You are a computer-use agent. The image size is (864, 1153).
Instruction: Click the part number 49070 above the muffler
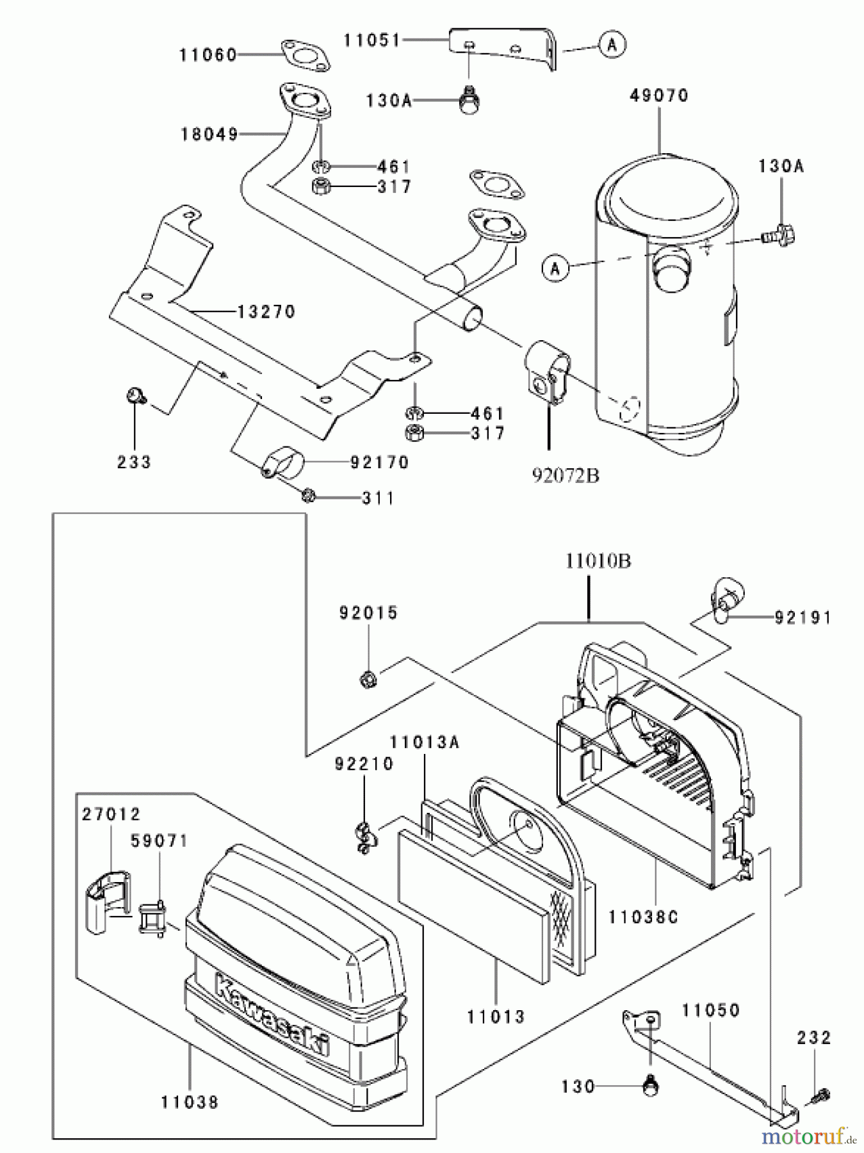point(658,95)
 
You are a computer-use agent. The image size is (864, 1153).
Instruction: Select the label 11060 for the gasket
point(208,55)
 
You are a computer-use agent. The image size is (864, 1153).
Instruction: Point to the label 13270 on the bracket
point(266,312)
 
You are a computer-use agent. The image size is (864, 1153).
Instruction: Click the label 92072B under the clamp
point(566,475)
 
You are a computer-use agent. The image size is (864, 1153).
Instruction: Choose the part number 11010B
point(598,561)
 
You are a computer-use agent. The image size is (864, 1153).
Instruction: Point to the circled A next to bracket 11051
point(612,44)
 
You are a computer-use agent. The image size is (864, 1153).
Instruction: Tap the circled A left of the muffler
point(555,268)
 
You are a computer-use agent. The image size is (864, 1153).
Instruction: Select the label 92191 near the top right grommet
point(803,617)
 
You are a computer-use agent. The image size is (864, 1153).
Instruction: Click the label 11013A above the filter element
point(425,742)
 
